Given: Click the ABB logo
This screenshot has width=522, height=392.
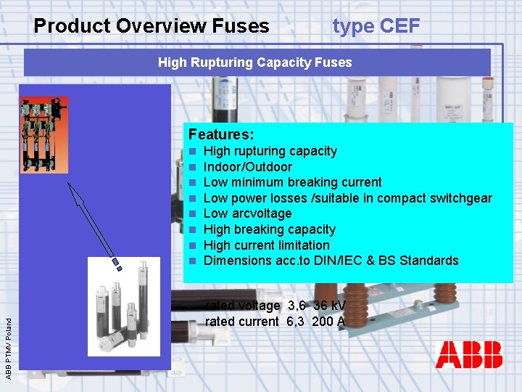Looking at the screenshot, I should pyautogui.click(x=468, y=355).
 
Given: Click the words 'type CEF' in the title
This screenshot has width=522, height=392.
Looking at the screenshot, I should pyautogui.click(x=376, y=26).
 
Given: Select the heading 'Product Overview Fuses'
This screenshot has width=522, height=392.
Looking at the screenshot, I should pyautogui.click(x=152, y=26).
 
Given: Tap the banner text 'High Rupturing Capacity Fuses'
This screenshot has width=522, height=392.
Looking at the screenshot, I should pyautogui.click(x=254, y=62).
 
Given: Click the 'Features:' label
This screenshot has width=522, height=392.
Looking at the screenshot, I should pyautogui.click(x=221, y=134).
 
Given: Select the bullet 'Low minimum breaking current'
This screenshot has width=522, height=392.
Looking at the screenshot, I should pyautogui.click(x=293, y=182).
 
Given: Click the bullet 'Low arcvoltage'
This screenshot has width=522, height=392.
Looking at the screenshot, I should pyautogui.click(x=248, y=213).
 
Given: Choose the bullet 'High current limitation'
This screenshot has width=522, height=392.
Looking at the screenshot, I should pyautogui.click(x=267, y=245).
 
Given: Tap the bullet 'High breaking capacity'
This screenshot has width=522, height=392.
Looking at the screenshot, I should pyautogui.click(x=270, y=229).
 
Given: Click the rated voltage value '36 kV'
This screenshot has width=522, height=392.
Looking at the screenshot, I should pyautogui.click(x=330, y=306).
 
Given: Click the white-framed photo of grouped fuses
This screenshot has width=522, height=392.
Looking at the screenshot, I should pyautogui.click(x=123, y=306).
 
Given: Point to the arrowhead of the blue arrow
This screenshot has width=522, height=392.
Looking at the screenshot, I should pyautogui.click(x=70, y=184).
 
